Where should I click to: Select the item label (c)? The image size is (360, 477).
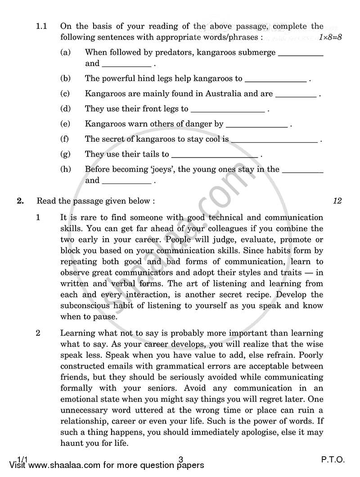(65, 94)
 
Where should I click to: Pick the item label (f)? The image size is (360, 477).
(65, 139)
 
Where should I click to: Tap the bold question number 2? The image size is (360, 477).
(20, 201)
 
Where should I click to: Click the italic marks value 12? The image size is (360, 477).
(337, 201)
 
